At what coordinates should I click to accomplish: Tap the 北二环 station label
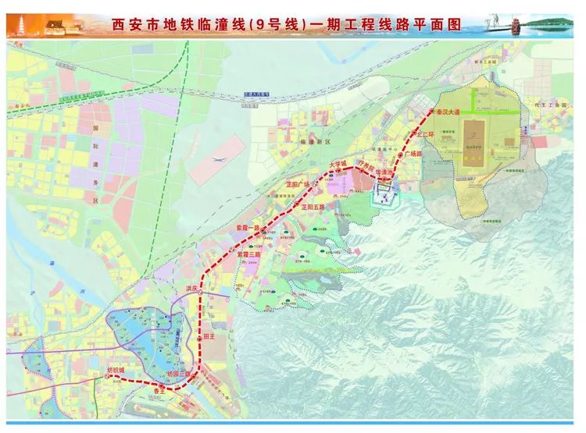pos(427,133)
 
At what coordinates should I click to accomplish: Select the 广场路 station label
pos(412,154)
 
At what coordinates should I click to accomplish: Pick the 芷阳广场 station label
pos(295,184)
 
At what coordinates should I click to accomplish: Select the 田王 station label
pos(208,337)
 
